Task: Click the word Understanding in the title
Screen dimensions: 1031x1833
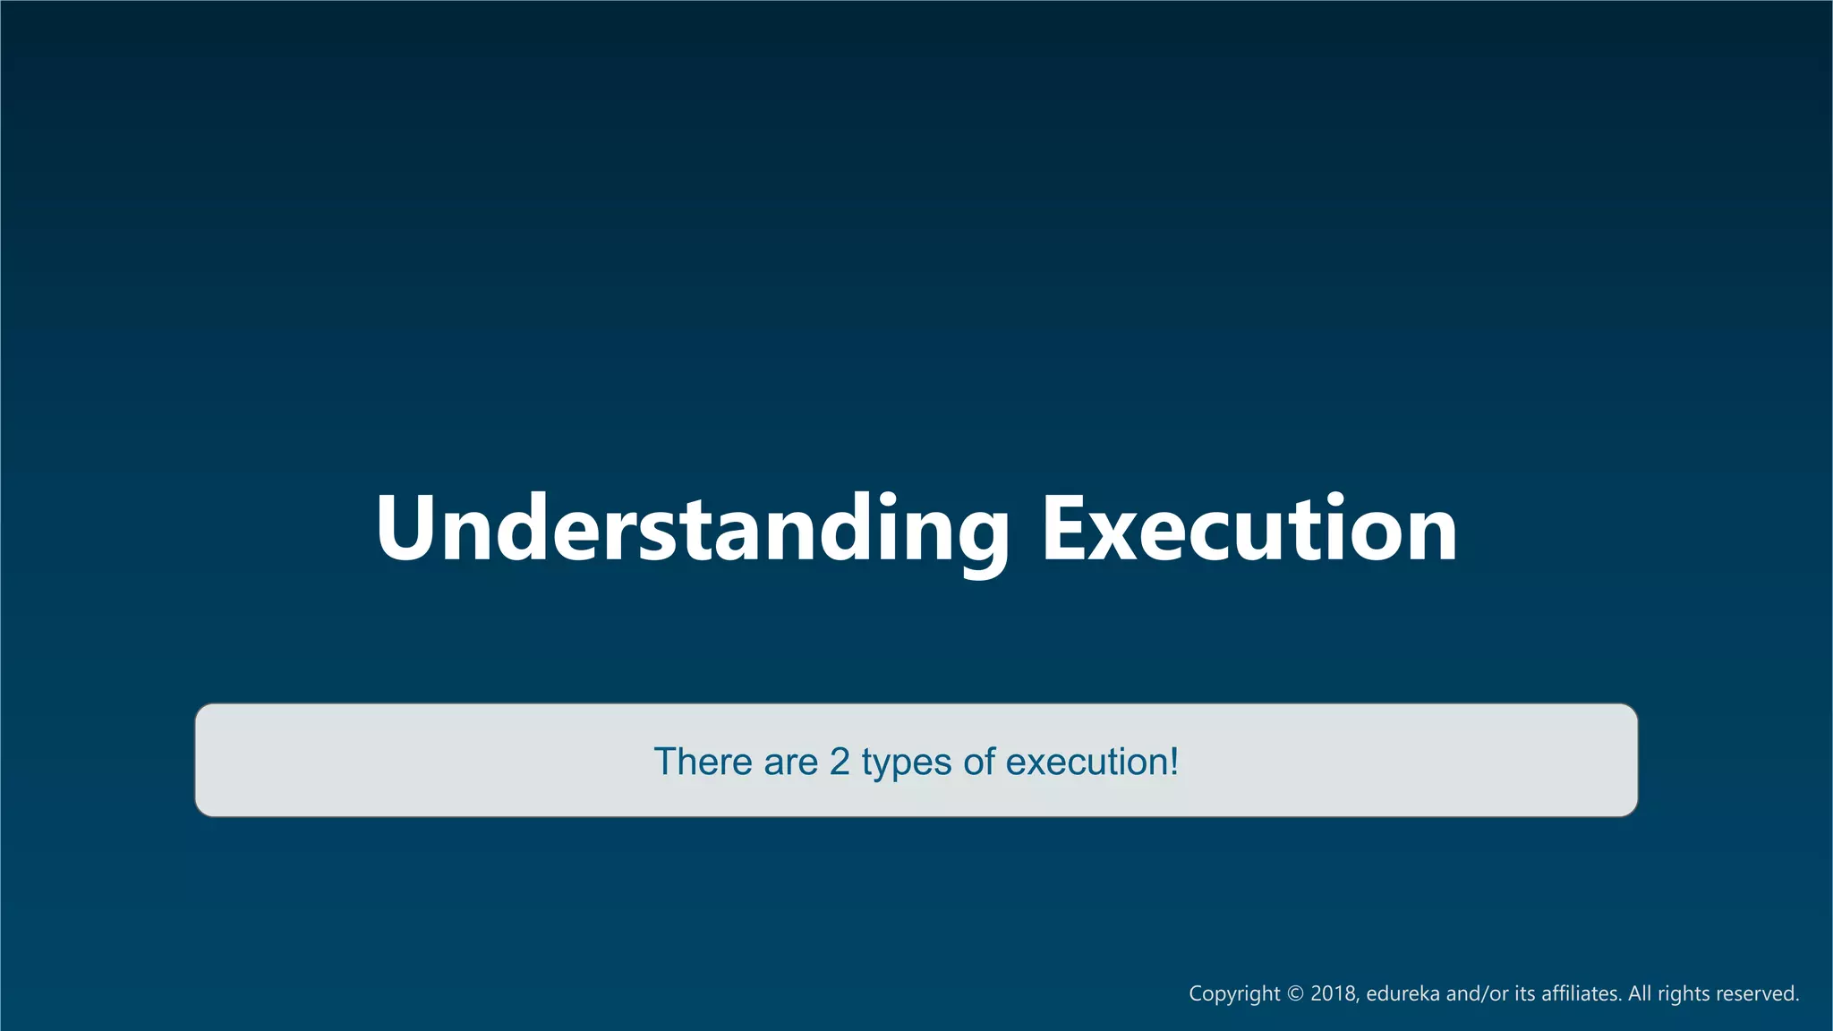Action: click(x=691, y=530)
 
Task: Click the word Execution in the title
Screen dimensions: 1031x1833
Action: click(x=1249, y=530)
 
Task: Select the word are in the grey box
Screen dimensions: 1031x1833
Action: click(x=790, y=762)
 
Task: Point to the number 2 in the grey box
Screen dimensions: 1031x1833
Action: click(x=840, y=762)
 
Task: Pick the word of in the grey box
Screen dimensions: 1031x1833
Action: click(x=978, y=762)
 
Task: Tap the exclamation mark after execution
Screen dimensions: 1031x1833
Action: click(x=1174, y=762)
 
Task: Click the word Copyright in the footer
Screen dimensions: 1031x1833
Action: click(x=1234, y=994)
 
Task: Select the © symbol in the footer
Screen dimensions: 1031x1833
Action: click(x=1296, y=994)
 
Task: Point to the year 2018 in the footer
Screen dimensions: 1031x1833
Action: click(x=1334, y=994)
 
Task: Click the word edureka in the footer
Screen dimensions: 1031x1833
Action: click(x=1402, y=994)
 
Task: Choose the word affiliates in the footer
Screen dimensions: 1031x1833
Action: click(x=1581, y=994)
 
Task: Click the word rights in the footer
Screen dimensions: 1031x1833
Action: click(x=1683, y=994)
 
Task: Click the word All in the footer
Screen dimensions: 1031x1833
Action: click(x=1640, y=994)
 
